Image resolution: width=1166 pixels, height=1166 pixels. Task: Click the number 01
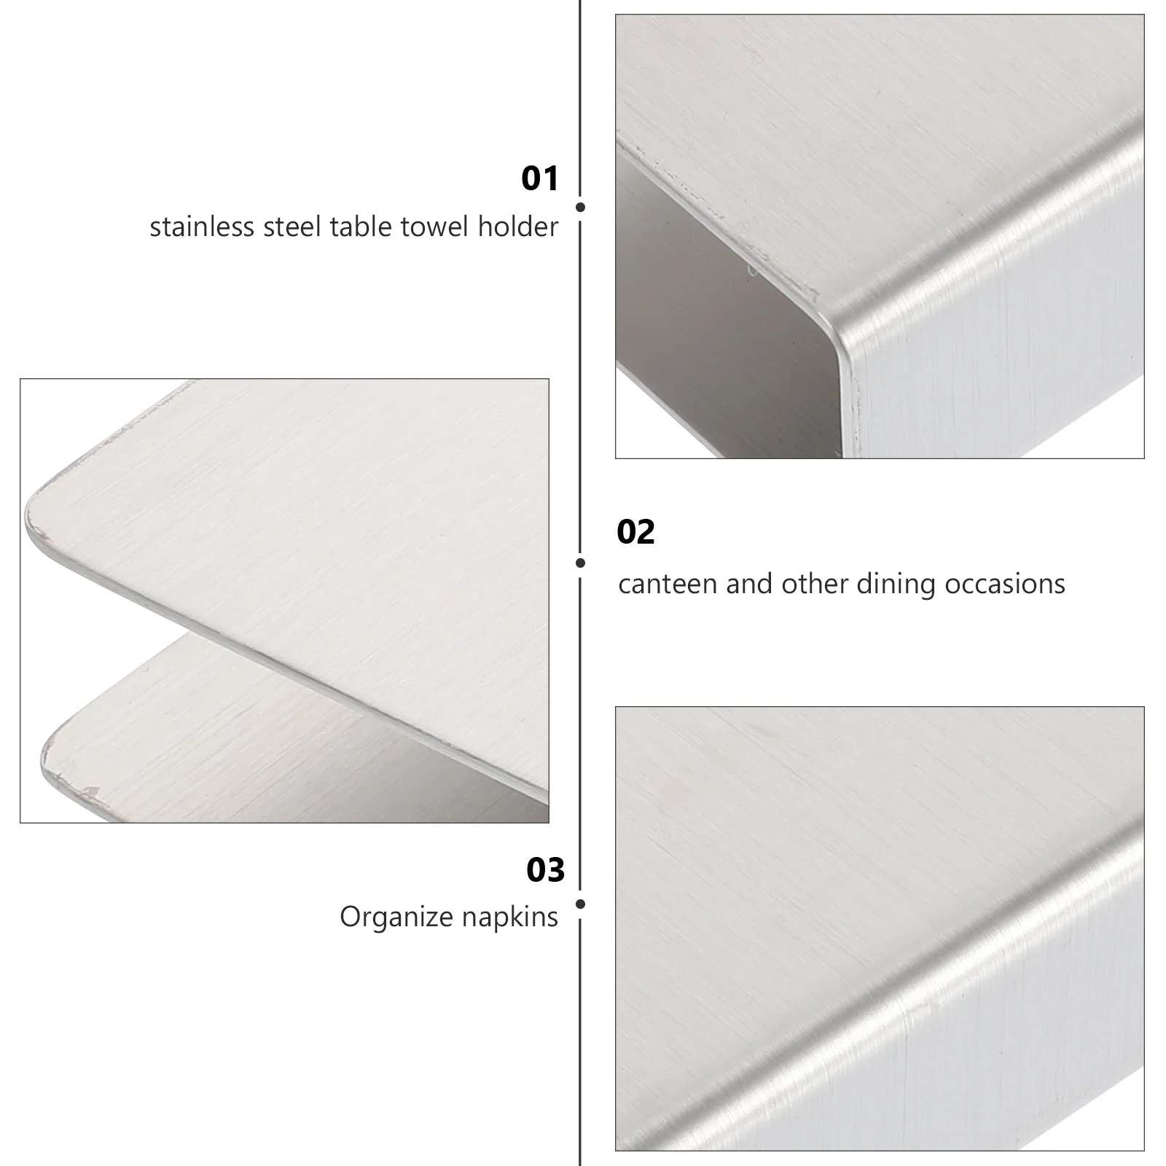pyautogui.click(x=539, y=179)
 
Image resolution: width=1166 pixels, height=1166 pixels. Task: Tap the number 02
pyautogui.click(x=635, y=532)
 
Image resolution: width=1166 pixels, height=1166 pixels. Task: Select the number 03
pyautogui.click(x=545, y=870)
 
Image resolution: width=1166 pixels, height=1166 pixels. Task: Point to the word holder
pyautogui.click(x=518, y=227)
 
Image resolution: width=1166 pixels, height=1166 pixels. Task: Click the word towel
pyautogui.click(x=434, y=227)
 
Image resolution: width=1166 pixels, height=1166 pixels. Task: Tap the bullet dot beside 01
pyautogui.click(x=580, y=207)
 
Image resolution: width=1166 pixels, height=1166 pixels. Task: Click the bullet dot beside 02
pyautogui.click(x=580, y=563)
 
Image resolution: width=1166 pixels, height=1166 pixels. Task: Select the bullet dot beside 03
pyautogui.click(x=580, y=904)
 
